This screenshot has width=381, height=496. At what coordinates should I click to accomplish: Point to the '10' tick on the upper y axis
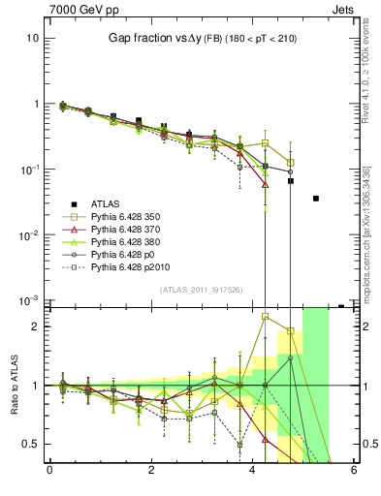(x=32, y=38)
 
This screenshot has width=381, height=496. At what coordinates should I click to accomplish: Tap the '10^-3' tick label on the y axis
(x=29, y=300)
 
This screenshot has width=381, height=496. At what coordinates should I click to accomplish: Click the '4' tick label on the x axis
(x=253, y=472)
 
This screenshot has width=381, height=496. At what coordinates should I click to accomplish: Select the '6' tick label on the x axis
(x=354, y=472)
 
